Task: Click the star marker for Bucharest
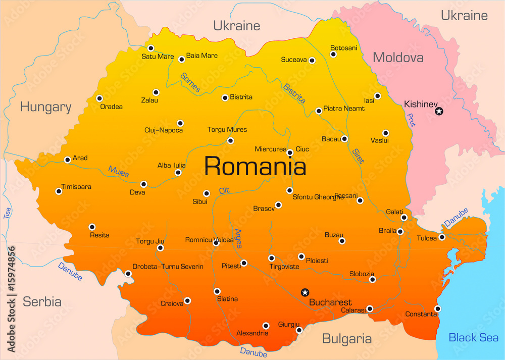coord(305,292)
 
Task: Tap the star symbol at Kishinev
coord(439,111)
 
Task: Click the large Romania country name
coord(255,166)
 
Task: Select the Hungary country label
coord(45,107)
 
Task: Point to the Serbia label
coord(42,302)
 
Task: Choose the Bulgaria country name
coord(347,339)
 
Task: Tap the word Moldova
coord(398,58)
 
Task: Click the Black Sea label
coord(473,338)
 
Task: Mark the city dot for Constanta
coord(437,308)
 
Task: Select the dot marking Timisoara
coord(59,191)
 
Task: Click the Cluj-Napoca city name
coord(164,130)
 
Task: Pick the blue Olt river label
coord(224,190)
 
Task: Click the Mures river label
coord(118,172)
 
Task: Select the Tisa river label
coord(7,213)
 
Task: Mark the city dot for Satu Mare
coord(150,48)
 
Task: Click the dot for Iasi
coord(377,96)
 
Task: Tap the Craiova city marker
coord(187,300)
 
